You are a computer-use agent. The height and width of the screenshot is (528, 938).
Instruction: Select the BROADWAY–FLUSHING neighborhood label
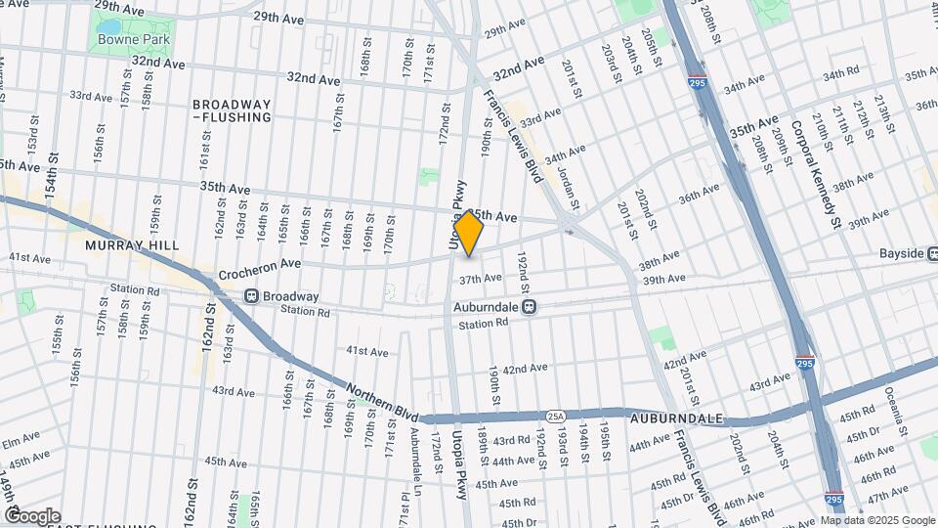click(x=232, y=110)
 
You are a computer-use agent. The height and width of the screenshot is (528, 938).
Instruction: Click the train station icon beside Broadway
click(x=251, y=295)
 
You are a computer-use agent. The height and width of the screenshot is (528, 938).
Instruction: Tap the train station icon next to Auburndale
click(x=530, y=306)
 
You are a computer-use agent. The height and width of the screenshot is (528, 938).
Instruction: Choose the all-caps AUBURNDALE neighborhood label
click(x=676, y=418)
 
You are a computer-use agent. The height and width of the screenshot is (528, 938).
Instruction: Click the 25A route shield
click(x=555, y=416)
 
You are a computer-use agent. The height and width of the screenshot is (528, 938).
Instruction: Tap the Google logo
click(x=32, y=516)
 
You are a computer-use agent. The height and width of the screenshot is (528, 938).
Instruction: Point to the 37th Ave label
click(x=480, y=279)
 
